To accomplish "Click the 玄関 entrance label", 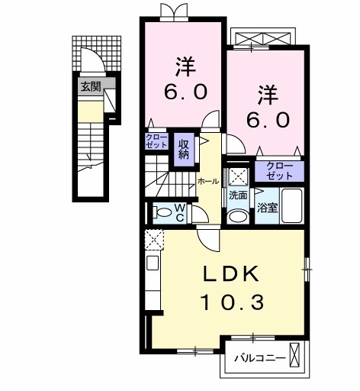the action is click(x=91, y=87).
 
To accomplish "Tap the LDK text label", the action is click(x=231, y=273).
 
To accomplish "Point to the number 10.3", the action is click(x=233, y=302).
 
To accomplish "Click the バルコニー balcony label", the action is click(x=260, y=359).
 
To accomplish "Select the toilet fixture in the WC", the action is click(x=162, y=212).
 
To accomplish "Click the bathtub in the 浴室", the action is click(x=292, y=205).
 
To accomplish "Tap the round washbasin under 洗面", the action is click(x=239, y=217).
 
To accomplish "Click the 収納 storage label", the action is click(x=184, y=150).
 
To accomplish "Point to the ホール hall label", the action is click(x=208, y=182).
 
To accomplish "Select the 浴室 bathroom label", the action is click(x=267, y=208).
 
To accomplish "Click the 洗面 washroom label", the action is click(x=238, y=195).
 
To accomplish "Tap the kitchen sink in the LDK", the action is click(x=153, y=263).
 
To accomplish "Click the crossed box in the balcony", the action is click(x=294, y=354).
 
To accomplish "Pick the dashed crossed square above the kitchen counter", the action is click(x=154, y=240).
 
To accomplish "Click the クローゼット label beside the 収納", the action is click(x=156, y=141).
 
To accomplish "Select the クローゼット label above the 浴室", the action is click(x=279, y=171).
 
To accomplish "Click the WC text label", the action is click(x=180, y=213).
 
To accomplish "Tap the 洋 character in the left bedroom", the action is click(x=186, y=67).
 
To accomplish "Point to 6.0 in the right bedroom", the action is click(x=268, y=120).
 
